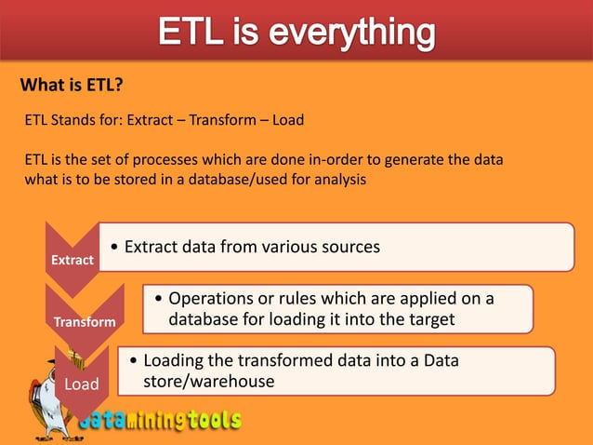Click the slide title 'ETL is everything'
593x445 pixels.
click(296, 33)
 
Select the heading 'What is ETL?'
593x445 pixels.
click(72, 87)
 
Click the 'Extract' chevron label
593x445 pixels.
click(72, 260)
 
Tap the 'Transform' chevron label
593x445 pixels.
click(85, 321)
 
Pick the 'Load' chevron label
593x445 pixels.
click(81, 384)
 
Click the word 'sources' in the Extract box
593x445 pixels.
click(349, 247)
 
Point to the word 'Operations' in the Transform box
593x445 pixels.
click(213, 299)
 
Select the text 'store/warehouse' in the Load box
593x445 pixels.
click(209, 381)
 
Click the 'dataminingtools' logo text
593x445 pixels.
click(158, 421)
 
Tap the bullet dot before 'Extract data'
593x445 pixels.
click(113, 248)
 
